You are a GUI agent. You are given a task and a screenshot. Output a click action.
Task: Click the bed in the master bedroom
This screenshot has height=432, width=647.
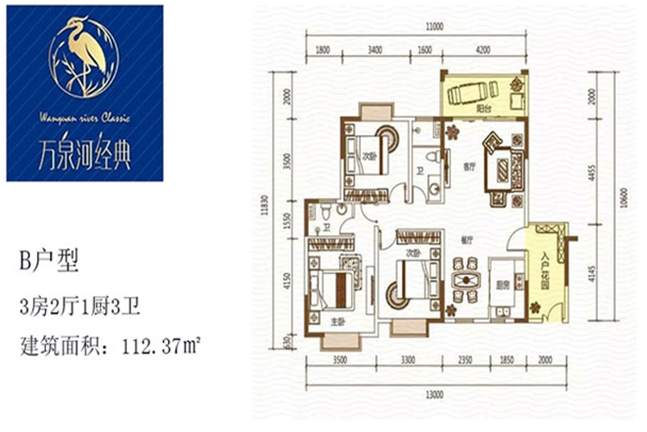tap(334, 284)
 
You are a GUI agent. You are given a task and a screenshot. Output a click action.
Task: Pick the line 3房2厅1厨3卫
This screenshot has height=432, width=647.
tap(82, 303)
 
